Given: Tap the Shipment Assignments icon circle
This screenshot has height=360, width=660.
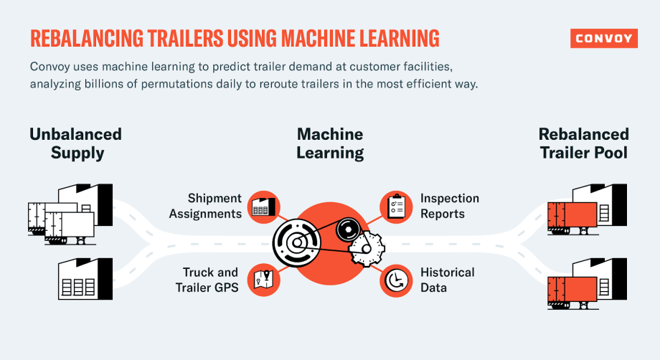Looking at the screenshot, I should [263, 206].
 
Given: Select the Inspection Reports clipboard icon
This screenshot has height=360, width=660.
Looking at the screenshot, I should [394, 206].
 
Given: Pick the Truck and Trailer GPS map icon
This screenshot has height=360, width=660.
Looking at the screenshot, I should [263, 279].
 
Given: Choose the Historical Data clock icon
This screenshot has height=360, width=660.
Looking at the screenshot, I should [394, 280].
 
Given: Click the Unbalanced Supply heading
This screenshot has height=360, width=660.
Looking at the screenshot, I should [75, 143].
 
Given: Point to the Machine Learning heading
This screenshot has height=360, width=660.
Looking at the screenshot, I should [330, 143].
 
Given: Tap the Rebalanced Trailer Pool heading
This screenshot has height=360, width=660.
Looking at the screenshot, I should [583, 143].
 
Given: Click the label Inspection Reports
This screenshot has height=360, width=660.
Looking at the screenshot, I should [450, 206].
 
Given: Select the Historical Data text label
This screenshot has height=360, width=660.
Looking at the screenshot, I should [448, 280].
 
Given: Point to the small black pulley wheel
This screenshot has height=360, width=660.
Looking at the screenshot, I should [348, 231].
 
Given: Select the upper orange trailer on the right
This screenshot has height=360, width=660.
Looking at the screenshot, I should [571, 215].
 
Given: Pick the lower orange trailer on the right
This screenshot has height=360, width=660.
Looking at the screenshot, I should [571, 288].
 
